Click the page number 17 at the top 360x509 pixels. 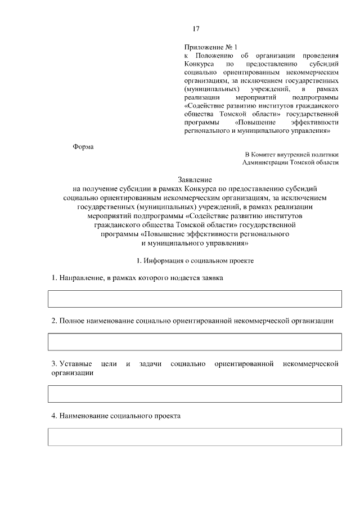pos(196,29)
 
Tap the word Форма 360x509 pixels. pos(83,147)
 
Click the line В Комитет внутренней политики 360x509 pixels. pos(291,154)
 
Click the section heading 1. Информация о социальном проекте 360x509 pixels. pos(195,261)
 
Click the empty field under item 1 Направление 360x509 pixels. pos(195,299)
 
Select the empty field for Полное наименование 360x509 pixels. pos(195,342)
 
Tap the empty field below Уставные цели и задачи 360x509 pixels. pos(195,394)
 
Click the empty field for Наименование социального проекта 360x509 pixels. pos(195,437)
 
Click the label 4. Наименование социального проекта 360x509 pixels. pos(116,416)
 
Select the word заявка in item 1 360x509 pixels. pos(213,278)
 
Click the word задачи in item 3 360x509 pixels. pos(148,364)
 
